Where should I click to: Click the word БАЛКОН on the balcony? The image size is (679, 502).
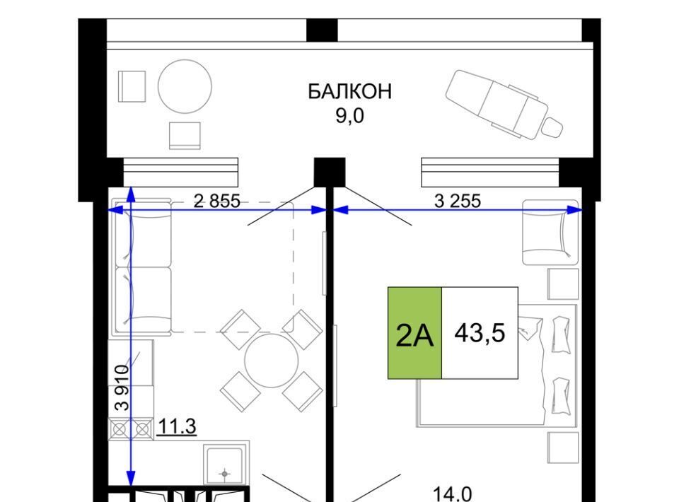(x=349, y=91)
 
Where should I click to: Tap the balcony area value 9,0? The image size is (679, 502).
(x=350, y=115)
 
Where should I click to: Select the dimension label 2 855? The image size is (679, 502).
(x=216, y=201)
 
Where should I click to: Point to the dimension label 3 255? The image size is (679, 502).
(x=458, y=201)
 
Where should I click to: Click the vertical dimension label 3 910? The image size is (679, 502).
(x=122, y=387)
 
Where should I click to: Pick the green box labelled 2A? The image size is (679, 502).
(x=414, y=333)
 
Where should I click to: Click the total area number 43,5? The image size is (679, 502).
(x=480, y=333)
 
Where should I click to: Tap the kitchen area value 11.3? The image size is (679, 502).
(x=177, y=426)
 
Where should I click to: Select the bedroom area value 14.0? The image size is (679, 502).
(x=453, y=494)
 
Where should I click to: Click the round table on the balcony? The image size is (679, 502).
(x=185, y=86)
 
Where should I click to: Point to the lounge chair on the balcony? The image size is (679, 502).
(x=504, y=105)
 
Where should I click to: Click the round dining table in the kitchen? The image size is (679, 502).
(x=272, y=360)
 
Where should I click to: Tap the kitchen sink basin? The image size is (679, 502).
(x=224, y=466)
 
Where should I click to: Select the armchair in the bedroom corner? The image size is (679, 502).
(x=550, y=233)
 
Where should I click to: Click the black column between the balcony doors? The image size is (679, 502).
(x=329, y=172)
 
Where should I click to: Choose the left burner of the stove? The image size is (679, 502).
(x=119, y=429)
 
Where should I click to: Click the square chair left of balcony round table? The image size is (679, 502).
(x=132, y=86)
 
